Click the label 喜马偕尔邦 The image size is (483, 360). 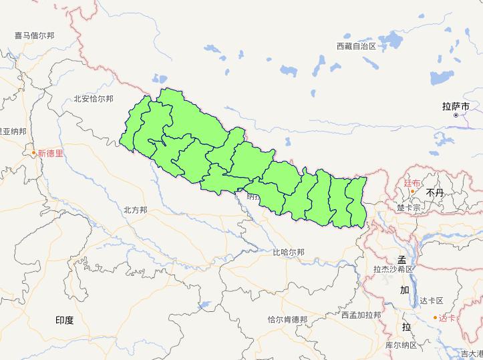pyautogui.click(x=35, y=35)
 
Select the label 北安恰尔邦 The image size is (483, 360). pyautogui.click(x=94, y=99)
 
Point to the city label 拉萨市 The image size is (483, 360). pyautogui.click(x=456, y=106)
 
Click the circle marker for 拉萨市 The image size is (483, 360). pyautogui.click(x=456, y=116)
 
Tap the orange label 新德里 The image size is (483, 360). pyautogui.click(x=50, y=153)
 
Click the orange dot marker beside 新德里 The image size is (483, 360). pyautogui.click(x=33, y=153)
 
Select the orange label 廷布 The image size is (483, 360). pyautogui.click(x=412, y=182)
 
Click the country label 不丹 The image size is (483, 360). pyautogui.click(x=435, y=192)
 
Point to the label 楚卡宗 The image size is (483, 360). pyautogui.click(x=409, y=208)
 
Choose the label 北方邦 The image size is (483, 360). pyautogui.click(x=135, y=210)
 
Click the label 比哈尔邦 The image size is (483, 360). pyautogui.click(x=289, y=252)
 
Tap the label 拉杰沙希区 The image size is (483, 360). pyautogui.click(x=394, y=270)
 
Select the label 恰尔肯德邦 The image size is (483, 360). pyautogui.click(x=287, y=320)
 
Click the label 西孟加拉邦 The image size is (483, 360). pyautogui.click(x=361, y=315)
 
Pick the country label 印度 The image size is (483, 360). pyautogui.click(x=65, y=321)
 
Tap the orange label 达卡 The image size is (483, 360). pyautogui.click(x=448, y=318)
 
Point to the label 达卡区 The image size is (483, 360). pyautogui.click(x=432, y=301)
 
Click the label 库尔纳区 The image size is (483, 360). pyautogui.click(x=401, y=345)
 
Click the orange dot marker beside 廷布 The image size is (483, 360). pyautogui.click(x=413, y=192)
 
